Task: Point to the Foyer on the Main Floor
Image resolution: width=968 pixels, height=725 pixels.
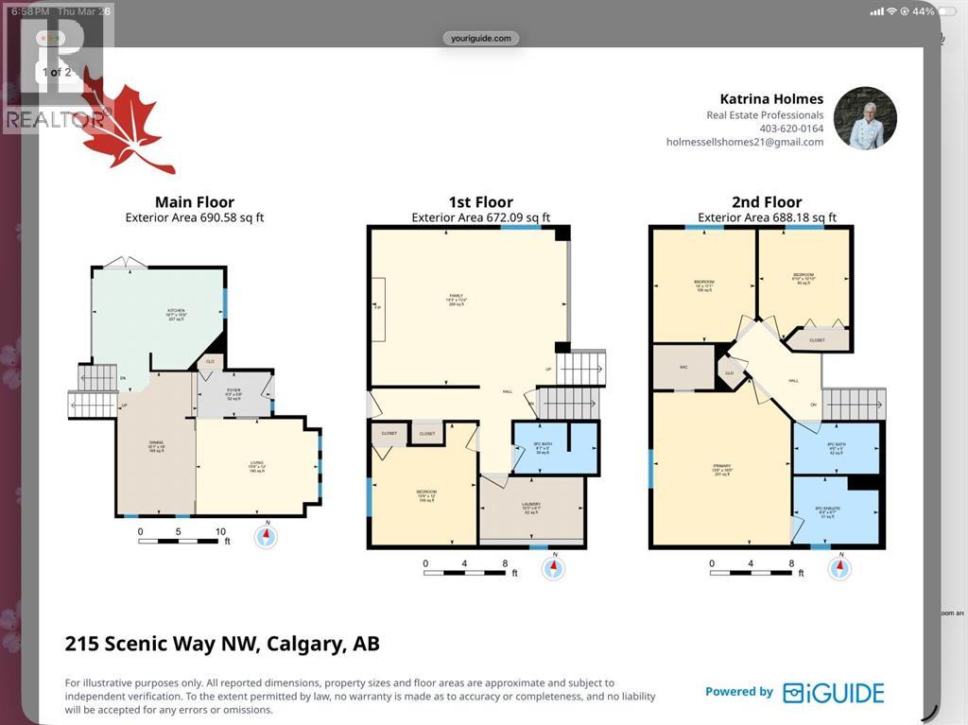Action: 233,394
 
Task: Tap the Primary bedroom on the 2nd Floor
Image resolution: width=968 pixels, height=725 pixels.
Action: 720,468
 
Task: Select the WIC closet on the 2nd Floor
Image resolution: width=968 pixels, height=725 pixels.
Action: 683,367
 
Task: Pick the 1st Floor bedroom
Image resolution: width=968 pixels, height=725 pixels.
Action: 425,495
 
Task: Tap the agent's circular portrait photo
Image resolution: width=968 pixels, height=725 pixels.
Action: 865,118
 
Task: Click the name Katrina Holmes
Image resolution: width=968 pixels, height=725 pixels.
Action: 771,99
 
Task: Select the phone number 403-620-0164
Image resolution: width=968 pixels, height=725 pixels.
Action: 791,129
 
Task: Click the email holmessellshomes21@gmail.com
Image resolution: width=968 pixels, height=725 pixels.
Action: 744,142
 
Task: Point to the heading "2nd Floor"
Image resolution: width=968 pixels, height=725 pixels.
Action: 768,201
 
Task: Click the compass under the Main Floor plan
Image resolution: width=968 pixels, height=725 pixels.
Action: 268,537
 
